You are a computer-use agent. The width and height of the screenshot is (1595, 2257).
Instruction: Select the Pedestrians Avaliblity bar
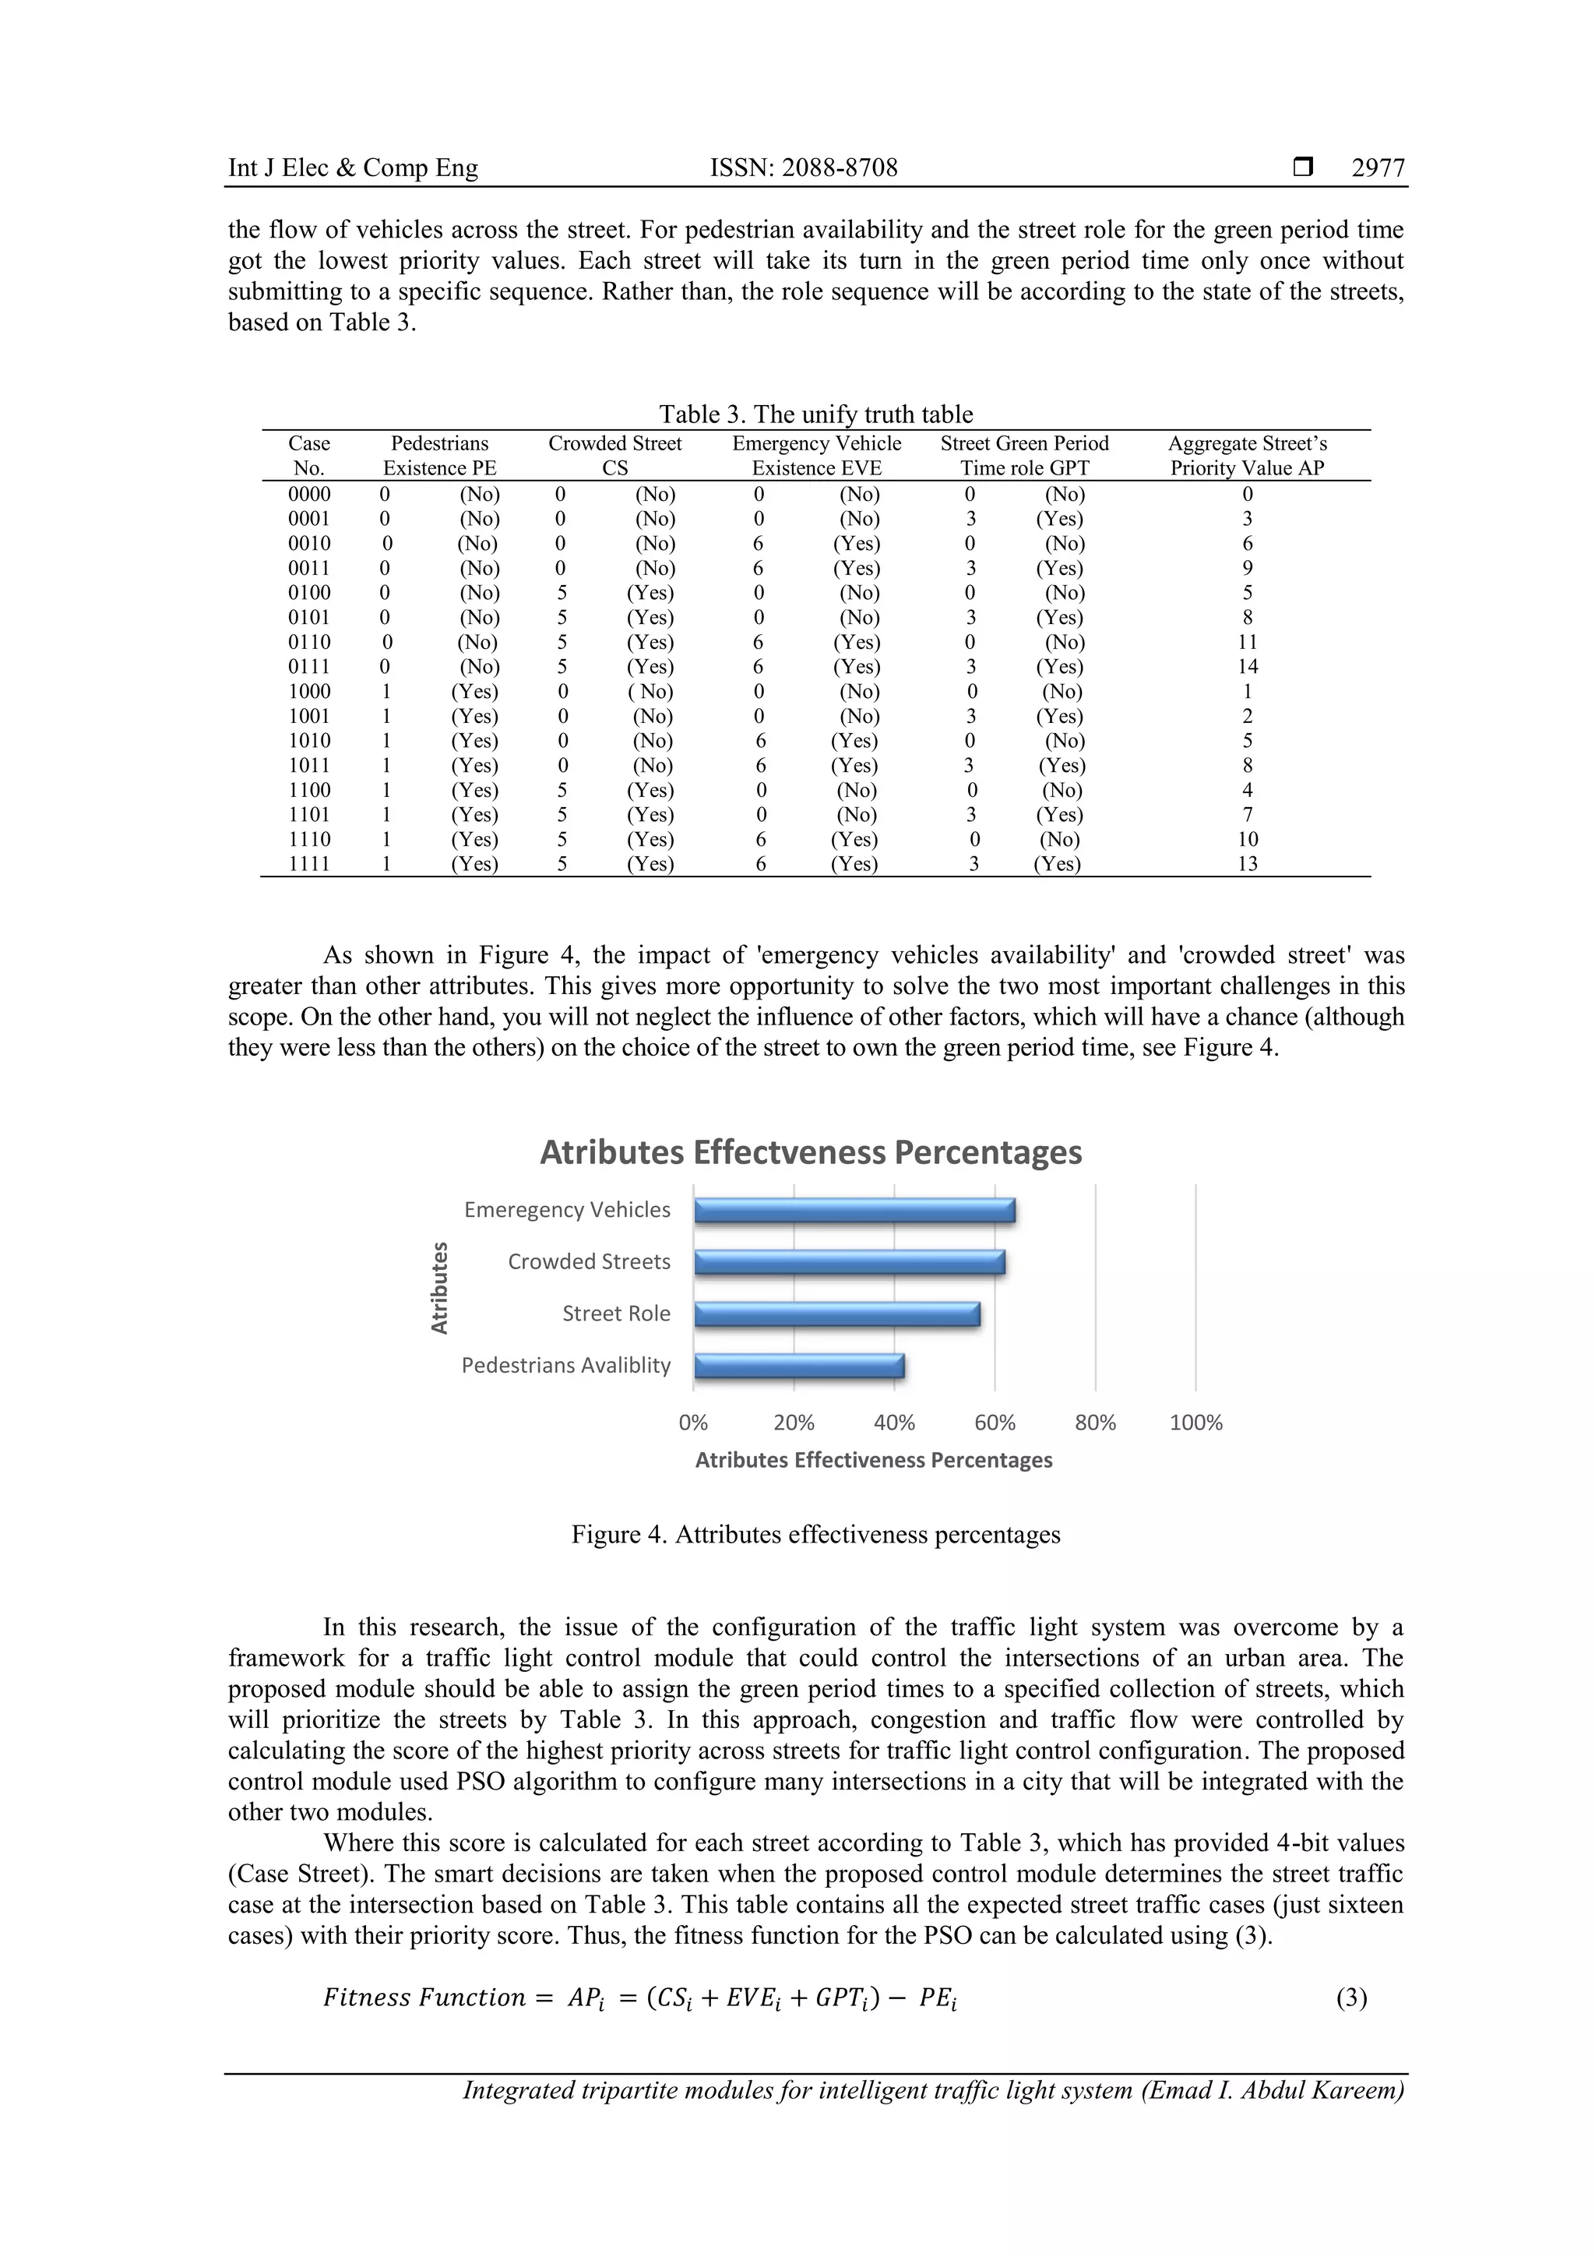[798, 1366]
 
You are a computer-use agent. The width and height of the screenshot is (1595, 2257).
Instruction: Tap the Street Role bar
[836, 1314]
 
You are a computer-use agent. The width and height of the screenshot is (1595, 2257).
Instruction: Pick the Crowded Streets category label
[589, 1262]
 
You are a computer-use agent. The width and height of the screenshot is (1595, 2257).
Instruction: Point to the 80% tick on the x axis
[1095, 1423]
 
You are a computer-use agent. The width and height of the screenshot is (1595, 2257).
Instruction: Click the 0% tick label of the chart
[693, 1423]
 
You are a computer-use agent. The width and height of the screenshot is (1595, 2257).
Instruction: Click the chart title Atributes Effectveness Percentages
[811, 1152]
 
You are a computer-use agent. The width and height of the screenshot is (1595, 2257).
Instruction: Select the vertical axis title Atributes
[439, 1288]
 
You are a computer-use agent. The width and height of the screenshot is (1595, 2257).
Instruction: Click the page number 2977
[1378, 168]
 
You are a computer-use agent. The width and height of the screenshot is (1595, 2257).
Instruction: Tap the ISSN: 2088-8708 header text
[803, 168]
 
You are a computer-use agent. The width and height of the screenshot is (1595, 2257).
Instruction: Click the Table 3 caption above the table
[815, 414]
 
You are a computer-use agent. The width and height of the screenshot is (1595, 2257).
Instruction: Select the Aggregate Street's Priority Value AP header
[1246, 456]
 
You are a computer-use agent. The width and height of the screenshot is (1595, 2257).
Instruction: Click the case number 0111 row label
[308, 666]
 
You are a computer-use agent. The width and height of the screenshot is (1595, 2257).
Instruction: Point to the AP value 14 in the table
[1247, 666]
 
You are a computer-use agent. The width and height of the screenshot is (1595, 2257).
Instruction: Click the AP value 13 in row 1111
[1247, 864]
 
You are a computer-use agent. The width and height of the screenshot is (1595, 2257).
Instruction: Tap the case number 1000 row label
[308, 692]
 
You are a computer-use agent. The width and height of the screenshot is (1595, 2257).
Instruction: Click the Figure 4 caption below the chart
[815, 1535]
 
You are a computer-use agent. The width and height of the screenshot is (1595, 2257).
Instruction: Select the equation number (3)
[1351, 1998]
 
